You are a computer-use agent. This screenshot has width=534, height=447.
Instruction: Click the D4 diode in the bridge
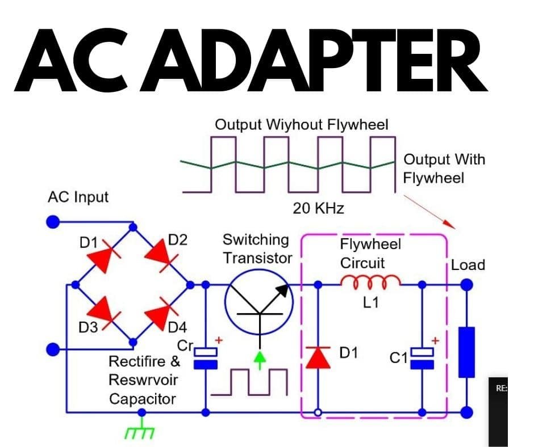point(161,313)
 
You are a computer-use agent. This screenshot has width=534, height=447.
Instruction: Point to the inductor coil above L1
point(370,281)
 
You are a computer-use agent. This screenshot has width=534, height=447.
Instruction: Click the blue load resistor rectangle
point(466,352)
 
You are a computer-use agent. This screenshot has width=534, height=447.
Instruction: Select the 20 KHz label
point(318,209)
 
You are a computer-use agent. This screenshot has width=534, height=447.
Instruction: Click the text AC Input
point(78,197)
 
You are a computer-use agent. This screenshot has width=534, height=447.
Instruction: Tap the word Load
point(468,265)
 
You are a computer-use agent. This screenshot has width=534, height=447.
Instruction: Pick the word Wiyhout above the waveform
point(293,125)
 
